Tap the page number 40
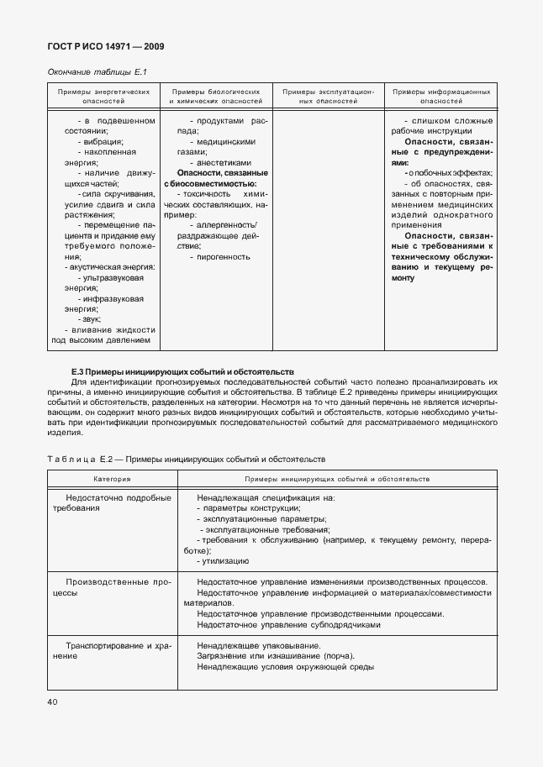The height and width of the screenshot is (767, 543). click(x=53, y=701)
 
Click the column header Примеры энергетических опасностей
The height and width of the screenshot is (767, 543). click(x=103, y=95)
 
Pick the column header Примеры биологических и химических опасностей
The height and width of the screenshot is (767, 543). click(x=215, y=95)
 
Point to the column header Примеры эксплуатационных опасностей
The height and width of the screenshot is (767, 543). click(x=329, y=95)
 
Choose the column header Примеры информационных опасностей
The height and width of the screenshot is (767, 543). click(x=441, y=95)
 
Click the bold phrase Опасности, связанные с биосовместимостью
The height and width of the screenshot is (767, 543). click(x=215, y=177)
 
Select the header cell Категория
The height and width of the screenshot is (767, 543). click(x=111, y=478)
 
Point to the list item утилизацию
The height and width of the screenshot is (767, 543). click(x=224, y=559)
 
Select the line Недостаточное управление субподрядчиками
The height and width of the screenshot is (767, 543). click(x=288, y=625)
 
